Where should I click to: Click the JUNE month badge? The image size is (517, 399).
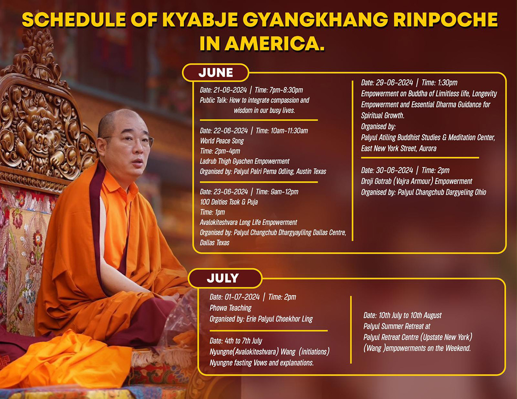coord(215,72)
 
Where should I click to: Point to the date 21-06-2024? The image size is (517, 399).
coord(230,90)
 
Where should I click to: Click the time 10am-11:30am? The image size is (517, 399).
coord(289,131)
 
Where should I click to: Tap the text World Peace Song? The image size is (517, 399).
coord(222,141)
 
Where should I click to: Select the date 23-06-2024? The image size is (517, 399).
coord(231,192)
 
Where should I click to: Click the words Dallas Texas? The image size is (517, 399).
coord(215,243)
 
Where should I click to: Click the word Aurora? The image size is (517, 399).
coord(428,148)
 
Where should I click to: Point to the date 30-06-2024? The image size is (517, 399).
coord(394,170)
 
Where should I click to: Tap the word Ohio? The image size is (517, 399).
coord(480,192)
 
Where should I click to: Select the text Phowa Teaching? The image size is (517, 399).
coord(230,308)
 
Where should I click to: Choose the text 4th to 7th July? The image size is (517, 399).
coord(243,341)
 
